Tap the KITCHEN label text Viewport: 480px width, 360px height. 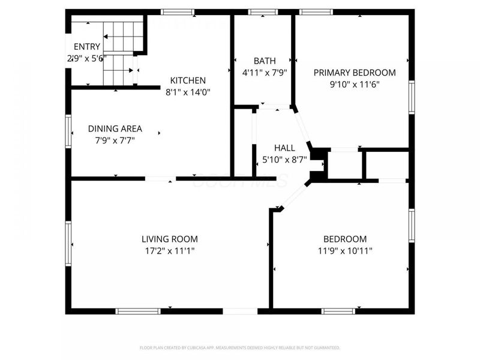[x=188, y=80]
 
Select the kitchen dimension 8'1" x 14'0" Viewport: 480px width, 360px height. [x=188, y=92]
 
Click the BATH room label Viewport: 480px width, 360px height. [x=265, y=61]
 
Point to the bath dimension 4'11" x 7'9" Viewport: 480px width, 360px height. [x=265, y=73]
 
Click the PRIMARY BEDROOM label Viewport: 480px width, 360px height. [x=355, y=73]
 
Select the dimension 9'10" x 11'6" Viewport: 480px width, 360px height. [x=355, y=85]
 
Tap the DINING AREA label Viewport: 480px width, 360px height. [x=115, y=128]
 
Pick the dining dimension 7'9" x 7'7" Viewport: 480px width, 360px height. [x=115, y=140]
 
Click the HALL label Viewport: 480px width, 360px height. [x=284, y=148]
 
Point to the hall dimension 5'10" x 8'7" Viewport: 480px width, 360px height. [x=284, y=160]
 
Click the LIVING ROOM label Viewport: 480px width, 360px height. [x=169, y=239]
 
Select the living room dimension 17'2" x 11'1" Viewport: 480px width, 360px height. [x=169, y=251]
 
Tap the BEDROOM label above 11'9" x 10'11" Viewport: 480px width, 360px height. [x=344, y=239]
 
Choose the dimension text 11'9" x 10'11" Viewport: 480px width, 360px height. [x=344, y=251]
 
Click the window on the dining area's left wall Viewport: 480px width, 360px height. [x=68, y=127]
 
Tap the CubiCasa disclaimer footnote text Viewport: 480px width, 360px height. [x=240, y=347]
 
